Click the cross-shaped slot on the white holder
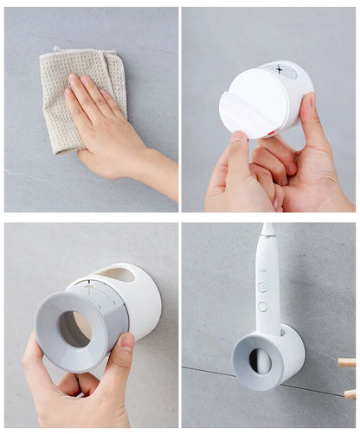pyautogui.click(x=279, y=68)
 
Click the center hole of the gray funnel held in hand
pyautogui.click(x=75, y=329)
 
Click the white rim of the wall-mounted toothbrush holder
pyautogui.click(x=292, y=346)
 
